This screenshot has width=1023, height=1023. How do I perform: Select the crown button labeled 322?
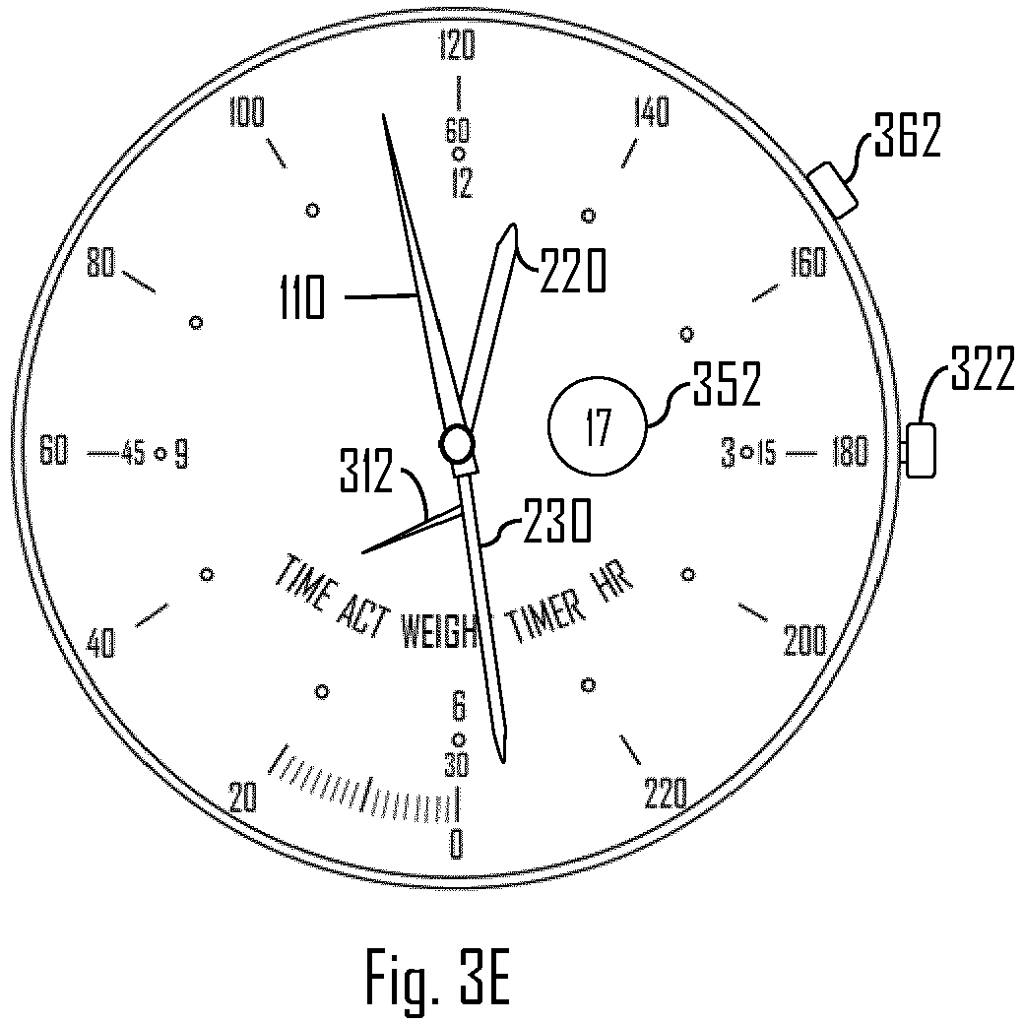[x=920, y=451]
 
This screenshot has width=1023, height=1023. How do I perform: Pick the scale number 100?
[x=246, y=114]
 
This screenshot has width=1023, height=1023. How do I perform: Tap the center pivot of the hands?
[x=458, y=445]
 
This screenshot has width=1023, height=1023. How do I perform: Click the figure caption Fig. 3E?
[x=438, y=976]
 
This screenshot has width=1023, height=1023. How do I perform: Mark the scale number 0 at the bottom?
[x=456, y=844]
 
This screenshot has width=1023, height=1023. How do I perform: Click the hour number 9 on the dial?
[x=180, y=455]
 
